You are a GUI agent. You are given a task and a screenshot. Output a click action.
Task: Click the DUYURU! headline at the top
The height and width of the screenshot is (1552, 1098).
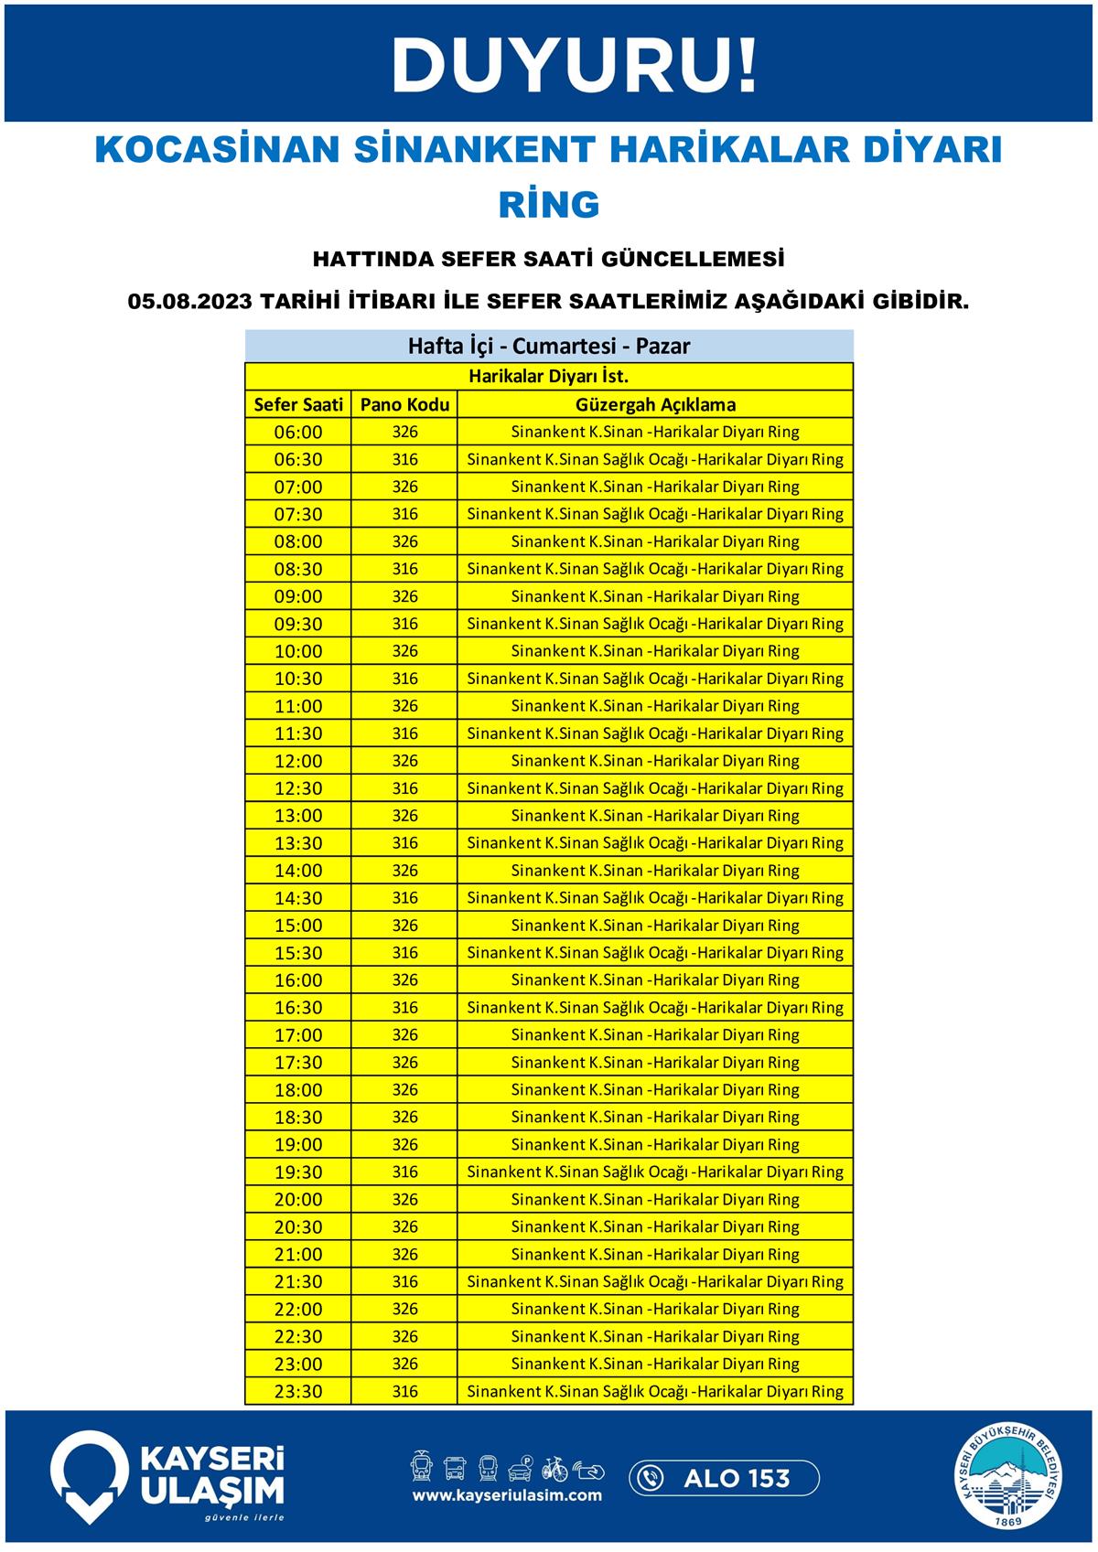click(x=575, y=66)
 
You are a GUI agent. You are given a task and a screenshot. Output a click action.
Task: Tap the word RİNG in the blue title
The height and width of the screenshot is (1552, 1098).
click(x=549, y=205)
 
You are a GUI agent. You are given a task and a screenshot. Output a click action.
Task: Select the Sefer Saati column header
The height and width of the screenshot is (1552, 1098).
click(x=298, y=404)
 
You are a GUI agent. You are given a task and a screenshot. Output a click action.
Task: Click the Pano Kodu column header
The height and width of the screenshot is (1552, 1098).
click(x=404, y=404)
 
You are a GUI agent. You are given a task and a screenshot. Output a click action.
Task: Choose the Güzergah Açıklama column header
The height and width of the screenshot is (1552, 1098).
click(x=655, y=404)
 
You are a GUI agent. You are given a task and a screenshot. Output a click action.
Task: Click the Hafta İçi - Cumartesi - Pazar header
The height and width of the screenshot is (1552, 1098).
click(x=549, y=347)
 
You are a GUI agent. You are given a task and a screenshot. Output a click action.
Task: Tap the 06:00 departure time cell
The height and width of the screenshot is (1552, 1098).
click(x=298, y=432)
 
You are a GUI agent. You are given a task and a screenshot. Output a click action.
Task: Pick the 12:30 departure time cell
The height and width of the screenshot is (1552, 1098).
click(x=298, y=788)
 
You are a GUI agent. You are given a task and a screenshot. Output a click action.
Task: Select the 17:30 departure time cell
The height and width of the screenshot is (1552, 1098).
click(x=298, y=1063)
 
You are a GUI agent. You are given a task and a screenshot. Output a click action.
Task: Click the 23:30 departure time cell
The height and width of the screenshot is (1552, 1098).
click(x=298, y=1392)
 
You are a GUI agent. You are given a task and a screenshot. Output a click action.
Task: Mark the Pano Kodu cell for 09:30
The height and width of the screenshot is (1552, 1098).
click(x=404, y=624)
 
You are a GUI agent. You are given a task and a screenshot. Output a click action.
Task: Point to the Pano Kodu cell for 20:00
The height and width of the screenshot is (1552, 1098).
click(x=404, y=1200)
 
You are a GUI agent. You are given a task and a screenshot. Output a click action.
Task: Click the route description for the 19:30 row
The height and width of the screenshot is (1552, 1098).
click(x=655, y=1172)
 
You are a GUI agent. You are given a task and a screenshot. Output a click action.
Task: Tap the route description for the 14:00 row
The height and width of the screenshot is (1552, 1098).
click(x=655, y=871)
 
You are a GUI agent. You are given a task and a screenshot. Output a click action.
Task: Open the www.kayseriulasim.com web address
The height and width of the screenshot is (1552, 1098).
click(x=507, y=1495)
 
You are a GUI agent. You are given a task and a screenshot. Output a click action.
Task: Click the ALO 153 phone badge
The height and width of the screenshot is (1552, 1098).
click(x=724, y=1478)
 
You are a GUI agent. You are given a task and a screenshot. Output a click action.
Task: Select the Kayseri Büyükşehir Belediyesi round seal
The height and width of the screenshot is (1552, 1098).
click(x=1010, y=1478)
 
